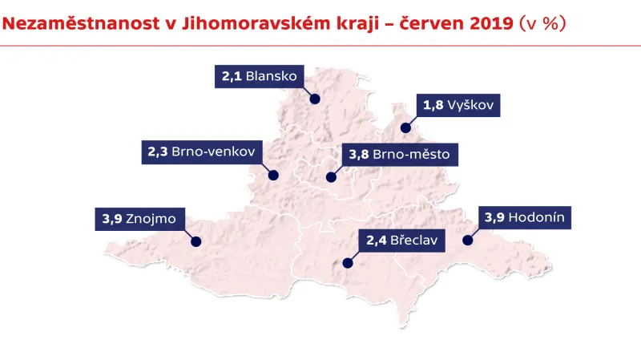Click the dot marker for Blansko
(315, 99)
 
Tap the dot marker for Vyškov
(405, 127)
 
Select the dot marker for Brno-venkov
(272, 174)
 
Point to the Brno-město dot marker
(330, 176)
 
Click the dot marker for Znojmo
(195, 241)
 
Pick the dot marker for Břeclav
(348, 261)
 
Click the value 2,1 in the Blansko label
(232, 77)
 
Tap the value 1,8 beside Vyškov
(433, 106)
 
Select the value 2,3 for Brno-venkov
(158, 152)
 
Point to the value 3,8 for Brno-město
(359, 155)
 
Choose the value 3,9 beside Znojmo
(112, 218)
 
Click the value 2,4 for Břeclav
(377, 240)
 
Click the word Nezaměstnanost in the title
(67, 24)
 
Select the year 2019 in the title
(485, 24)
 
